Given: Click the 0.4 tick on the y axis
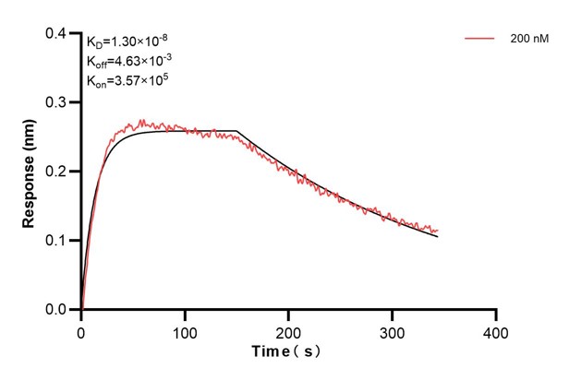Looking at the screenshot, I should click(57, 33).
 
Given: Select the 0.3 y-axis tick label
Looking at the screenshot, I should click(57, 102).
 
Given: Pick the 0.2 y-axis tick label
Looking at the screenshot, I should click(57, 172).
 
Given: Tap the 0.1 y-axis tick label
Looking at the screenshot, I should click(57, 241).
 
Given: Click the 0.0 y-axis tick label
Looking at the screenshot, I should click(57, 310).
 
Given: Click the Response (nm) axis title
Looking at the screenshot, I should click(30, 172).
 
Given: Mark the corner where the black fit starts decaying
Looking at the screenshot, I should click(237, 131).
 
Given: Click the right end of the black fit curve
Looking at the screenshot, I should click(438, 237).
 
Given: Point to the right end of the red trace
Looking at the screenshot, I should click(438, 230).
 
